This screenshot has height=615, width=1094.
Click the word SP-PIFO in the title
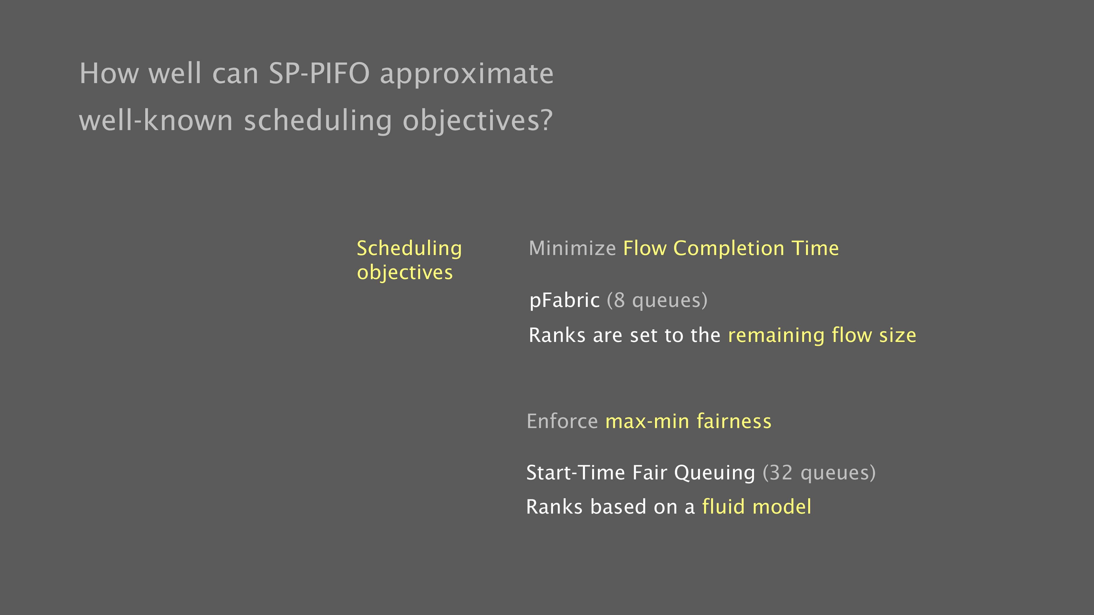tap(319, 74)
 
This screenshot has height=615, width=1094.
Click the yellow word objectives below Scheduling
tap(405, 273)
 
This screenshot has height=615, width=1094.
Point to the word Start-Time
tap(575, 473)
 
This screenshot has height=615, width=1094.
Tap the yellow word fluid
tap(723, 507)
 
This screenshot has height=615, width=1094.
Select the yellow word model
tap(781, 507)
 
